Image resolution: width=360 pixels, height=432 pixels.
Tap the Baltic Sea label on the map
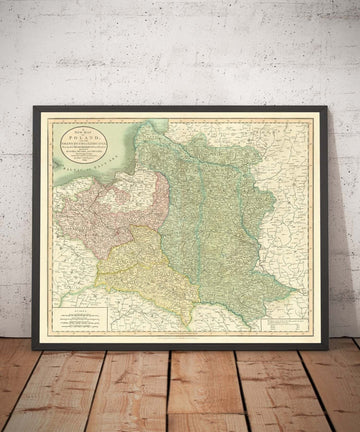pos(70,184)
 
